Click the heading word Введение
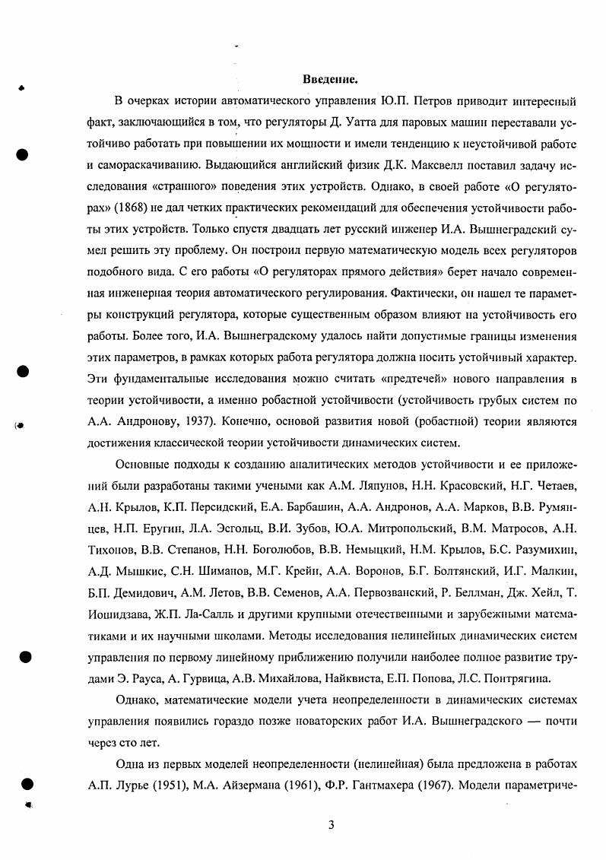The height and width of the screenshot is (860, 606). coord(330,79)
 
